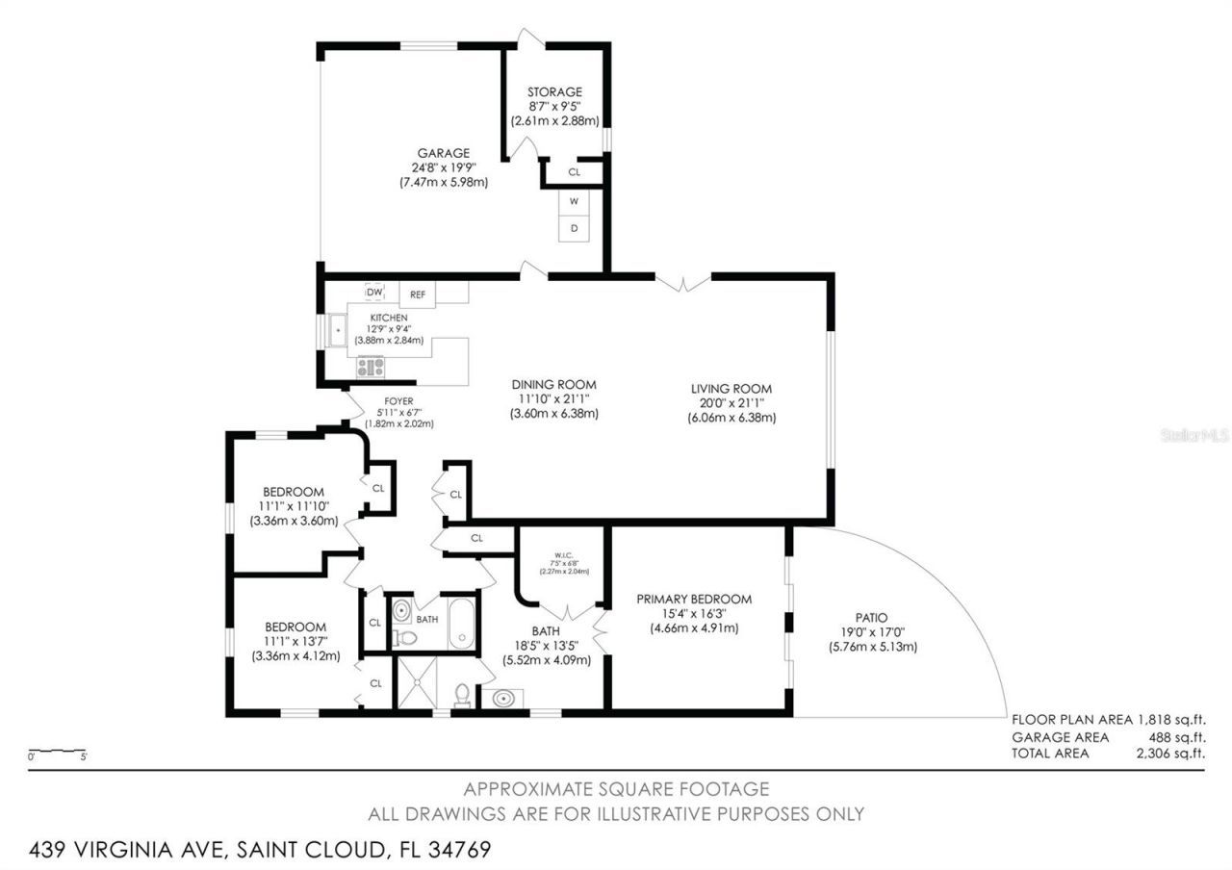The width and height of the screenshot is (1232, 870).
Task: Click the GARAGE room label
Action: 443,153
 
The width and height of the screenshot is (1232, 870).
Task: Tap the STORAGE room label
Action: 554,91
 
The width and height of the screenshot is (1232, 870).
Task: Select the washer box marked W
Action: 574,201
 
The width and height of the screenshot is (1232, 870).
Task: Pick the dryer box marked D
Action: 574,228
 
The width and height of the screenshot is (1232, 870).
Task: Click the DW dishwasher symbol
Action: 375,292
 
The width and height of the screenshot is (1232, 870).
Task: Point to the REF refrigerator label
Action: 418,294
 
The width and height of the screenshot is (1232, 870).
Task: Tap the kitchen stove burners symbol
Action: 371,367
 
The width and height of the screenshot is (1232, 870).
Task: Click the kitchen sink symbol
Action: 338,330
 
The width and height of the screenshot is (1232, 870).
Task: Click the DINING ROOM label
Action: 553,384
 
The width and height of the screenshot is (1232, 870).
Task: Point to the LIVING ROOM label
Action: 731,389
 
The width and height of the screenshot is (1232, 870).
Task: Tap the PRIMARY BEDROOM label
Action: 694,599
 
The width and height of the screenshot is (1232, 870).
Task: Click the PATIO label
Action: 871,618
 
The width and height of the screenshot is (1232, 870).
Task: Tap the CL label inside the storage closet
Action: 574,172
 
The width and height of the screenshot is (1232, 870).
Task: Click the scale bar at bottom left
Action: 58,751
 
